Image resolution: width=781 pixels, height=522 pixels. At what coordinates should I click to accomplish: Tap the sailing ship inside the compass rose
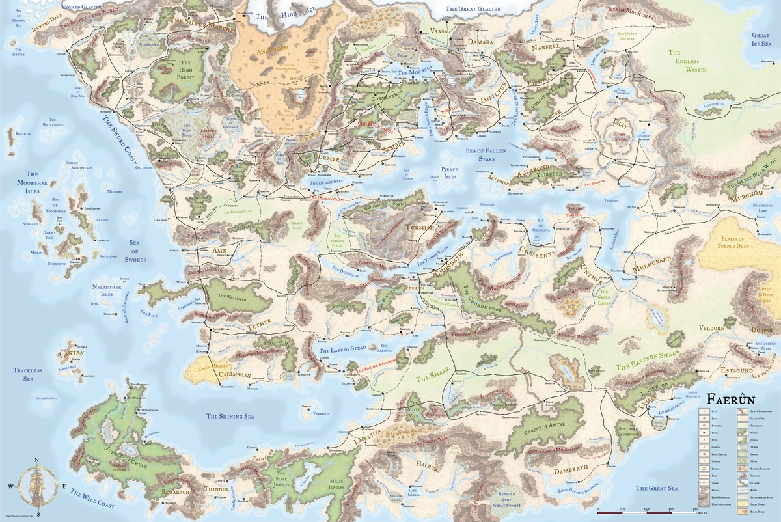(x=38, y=486)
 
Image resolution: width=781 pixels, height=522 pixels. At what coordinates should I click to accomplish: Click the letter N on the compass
(x=37, y=460)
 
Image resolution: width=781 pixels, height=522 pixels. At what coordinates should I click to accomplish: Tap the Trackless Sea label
(x=27, y=374)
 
